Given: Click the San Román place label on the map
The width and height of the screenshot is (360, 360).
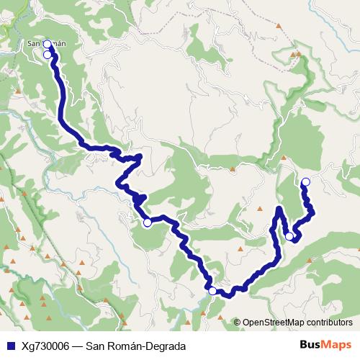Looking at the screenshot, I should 46,43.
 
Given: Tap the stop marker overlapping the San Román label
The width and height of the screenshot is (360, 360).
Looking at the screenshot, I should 48,44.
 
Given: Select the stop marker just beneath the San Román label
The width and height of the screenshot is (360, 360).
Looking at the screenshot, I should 48,54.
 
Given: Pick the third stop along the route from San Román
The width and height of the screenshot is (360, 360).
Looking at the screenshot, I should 147,222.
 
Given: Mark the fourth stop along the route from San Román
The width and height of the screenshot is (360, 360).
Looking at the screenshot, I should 212,290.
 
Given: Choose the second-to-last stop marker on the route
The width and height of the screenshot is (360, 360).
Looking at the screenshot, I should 289,235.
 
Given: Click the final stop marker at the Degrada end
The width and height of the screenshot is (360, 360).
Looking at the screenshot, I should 305,181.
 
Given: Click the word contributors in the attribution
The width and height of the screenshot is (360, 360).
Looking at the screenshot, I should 330,323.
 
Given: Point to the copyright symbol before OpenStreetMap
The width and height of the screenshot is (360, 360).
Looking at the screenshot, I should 237,323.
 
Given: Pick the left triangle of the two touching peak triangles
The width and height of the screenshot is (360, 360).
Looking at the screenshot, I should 292,54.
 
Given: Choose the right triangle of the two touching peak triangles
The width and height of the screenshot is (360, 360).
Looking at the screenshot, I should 298,54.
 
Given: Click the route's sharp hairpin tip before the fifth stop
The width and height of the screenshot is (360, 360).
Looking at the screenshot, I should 279,209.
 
